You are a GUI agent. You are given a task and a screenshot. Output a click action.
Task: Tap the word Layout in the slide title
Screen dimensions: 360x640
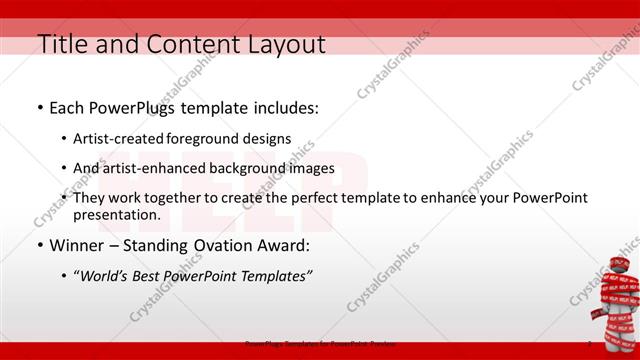282,44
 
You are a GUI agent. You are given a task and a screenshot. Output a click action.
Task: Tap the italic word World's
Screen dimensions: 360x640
105,276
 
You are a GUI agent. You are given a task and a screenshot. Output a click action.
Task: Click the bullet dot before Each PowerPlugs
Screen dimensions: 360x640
39,106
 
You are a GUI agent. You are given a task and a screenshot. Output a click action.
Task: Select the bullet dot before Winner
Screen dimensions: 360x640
39,244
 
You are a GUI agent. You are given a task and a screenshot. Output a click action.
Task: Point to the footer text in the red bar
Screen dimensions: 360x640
331,343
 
